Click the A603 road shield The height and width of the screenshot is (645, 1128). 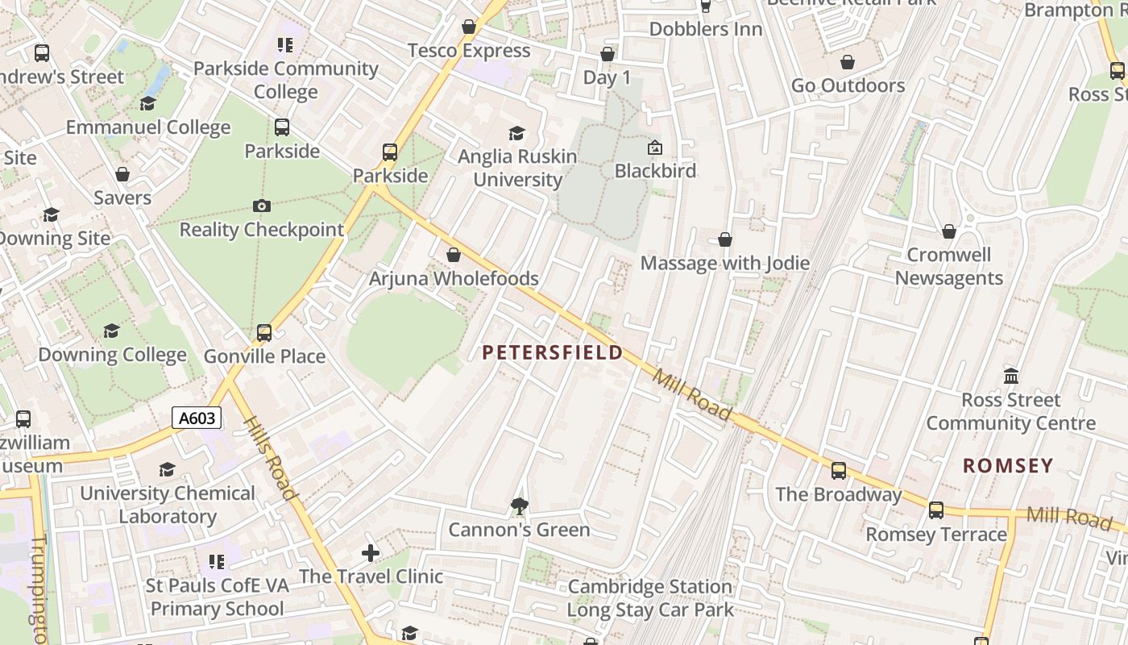tap(197, 418)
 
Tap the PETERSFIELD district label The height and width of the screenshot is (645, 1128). tap(553, 352)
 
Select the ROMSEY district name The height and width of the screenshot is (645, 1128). tap(1008, 465)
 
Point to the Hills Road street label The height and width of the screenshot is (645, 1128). tap(271, 458)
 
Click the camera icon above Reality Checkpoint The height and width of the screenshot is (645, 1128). tap(261, 206)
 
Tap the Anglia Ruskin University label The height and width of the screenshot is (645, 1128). tap(517, 168)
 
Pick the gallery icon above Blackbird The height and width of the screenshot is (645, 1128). tap(655, 148)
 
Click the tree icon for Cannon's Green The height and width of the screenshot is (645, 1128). tap(520, 506)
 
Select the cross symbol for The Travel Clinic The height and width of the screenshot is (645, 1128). tap(371, 553)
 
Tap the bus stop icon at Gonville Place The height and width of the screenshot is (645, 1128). tap(264, 332)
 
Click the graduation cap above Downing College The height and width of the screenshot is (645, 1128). tap(112, 331)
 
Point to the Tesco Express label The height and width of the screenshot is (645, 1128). tap(469, 51)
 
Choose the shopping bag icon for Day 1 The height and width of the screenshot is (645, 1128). tap(608, 54)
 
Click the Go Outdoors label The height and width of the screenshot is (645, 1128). tap(848, 85)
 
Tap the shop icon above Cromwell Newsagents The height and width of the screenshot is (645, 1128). tap(949, 231)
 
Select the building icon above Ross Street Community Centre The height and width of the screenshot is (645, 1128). tap(1011, 376)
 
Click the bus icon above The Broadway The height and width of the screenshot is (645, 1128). tap(839, 471)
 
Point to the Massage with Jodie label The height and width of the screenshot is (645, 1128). tap(725, 263)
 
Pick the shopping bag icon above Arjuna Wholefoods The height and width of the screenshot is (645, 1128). tap(454, 255)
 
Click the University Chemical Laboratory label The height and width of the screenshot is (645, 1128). tap(168, 505)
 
